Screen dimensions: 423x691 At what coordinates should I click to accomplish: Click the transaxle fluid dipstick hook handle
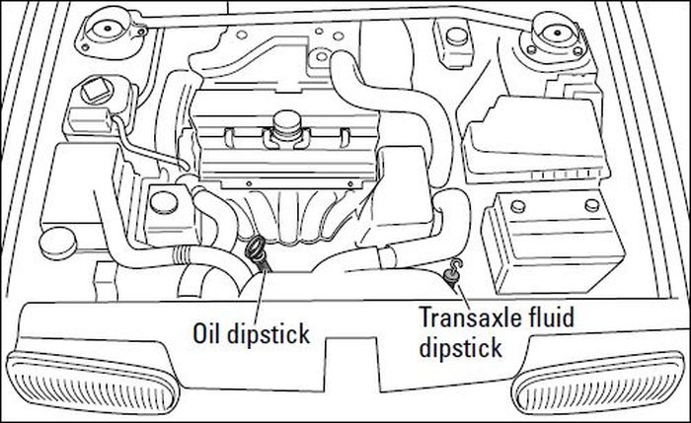(456, 267)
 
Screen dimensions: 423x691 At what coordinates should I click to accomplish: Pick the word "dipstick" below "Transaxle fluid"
(460, 347)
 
